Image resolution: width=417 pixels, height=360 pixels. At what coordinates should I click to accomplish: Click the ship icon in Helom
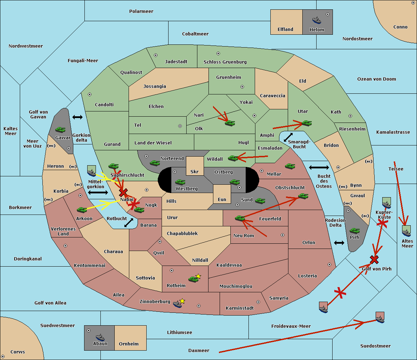[x=317, y=20]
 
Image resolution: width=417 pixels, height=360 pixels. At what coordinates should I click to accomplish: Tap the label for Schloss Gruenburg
[x=225, y=62]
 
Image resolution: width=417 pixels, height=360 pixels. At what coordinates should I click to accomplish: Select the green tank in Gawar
[x=60, y=129]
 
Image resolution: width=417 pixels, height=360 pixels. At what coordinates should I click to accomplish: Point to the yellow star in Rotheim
[x=198, y=276]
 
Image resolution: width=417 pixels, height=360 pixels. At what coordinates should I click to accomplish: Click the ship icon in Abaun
[x=100, y=337]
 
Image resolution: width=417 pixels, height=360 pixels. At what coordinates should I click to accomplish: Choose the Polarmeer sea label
[x=141, y=11]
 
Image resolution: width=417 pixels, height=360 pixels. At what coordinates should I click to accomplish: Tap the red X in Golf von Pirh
[x=374, y=259]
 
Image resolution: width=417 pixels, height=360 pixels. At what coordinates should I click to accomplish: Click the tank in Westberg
[x=180, y=182]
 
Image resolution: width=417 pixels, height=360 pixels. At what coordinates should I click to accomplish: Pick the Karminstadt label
[x=240, y=308]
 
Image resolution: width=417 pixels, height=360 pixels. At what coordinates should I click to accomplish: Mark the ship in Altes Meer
[x=406, y=232]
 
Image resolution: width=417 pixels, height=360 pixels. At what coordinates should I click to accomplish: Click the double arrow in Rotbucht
[x=129, y=223]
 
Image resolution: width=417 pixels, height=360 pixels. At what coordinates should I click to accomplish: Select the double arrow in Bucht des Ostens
[x=319, y=168]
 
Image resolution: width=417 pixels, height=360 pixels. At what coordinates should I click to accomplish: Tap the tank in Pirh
[x=355, y=231]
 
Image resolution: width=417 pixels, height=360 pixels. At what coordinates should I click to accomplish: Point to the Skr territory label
[x=195, y=171]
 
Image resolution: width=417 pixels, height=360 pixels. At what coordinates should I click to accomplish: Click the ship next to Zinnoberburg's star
[x=178, y=304]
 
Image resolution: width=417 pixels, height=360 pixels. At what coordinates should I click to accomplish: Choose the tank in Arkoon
[x=82, y=210]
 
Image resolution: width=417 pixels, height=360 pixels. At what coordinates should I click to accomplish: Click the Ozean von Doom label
[x=377, y=79]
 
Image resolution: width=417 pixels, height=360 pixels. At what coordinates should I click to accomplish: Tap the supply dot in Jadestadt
[x=156, y=55]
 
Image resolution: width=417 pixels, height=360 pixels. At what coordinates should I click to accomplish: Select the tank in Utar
[x=306, y=123]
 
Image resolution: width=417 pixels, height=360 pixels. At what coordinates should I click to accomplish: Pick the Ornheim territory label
[x=129, y=344]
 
